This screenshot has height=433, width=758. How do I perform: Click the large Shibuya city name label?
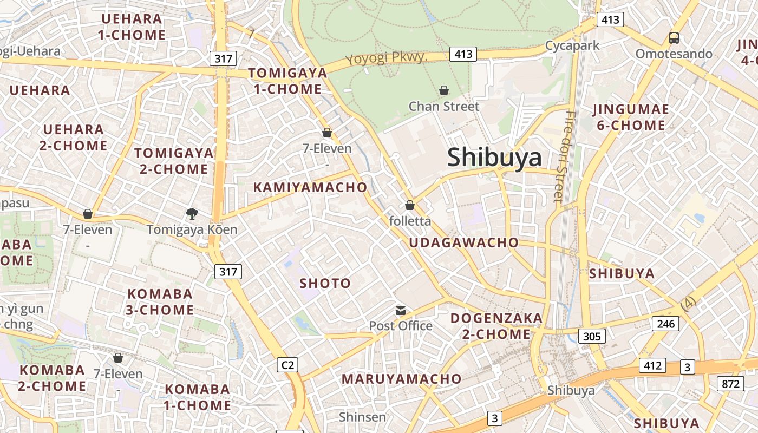[494, 158]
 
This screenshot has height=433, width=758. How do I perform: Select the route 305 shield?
[592, 336]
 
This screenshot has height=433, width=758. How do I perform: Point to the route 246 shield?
[665, 324]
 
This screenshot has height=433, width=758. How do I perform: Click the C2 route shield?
[287, 365]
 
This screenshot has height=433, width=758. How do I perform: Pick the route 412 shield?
[652, 365]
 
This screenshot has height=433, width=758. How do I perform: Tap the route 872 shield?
[730, 384]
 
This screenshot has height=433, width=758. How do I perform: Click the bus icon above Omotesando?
[674, 37]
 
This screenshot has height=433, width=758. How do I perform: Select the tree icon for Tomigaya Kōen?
[192, 214]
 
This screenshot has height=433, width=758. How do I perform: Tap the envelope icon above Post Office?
[401, 311]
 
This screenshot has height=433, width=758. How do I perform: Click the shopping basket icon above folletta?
[410, 205]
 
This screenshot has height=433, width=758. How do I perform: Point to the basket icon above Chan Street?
[444, 90]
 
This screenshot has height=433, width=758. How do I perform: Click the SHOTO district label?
[325, 283]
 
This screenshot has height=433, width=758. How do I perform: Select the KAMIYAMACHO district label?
[310, 188]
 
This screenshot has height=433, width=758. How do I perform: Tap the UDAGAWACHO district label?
[463, 242]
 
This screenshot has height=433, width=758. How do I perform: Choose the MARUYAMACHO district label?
[401, 379]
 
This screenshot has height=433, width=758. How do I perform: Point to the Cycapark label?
[572, 45]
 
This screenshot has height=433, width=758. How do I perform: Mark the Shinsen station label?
[362, 417]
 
